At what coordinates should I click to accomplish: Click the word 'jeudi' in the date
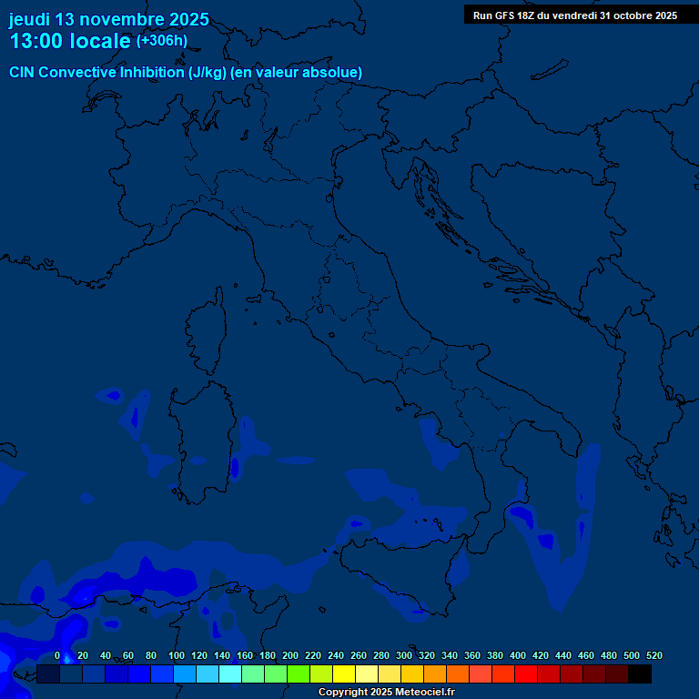(x=29, y=19)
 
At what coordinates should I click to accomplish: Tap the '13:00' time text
(x=36, y=41)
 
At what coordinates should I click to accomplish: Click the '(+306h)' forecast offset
(x=162, y=41)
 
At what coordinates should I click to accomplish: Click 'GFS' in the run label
(x=503, y=15)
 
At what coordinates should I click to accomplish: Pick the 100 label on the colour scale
(x=177, y=655)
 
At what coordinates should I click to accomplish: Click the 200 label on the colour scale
(x=290, y=655)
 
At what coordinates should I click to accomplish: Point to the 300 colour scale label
(x=404, y=655)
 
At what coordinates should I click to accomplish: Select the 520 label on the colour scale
(x=653, y=655)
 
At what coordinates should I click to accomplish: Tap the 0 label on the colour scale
(x=56, y=655)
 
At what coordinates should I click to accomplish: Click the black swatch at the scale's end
(x=640, y=674)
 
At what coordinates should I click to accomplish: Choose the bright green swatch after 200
(x=299, y=674)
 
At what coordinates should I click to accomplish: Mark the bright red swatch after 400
(x=526, y=674)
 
